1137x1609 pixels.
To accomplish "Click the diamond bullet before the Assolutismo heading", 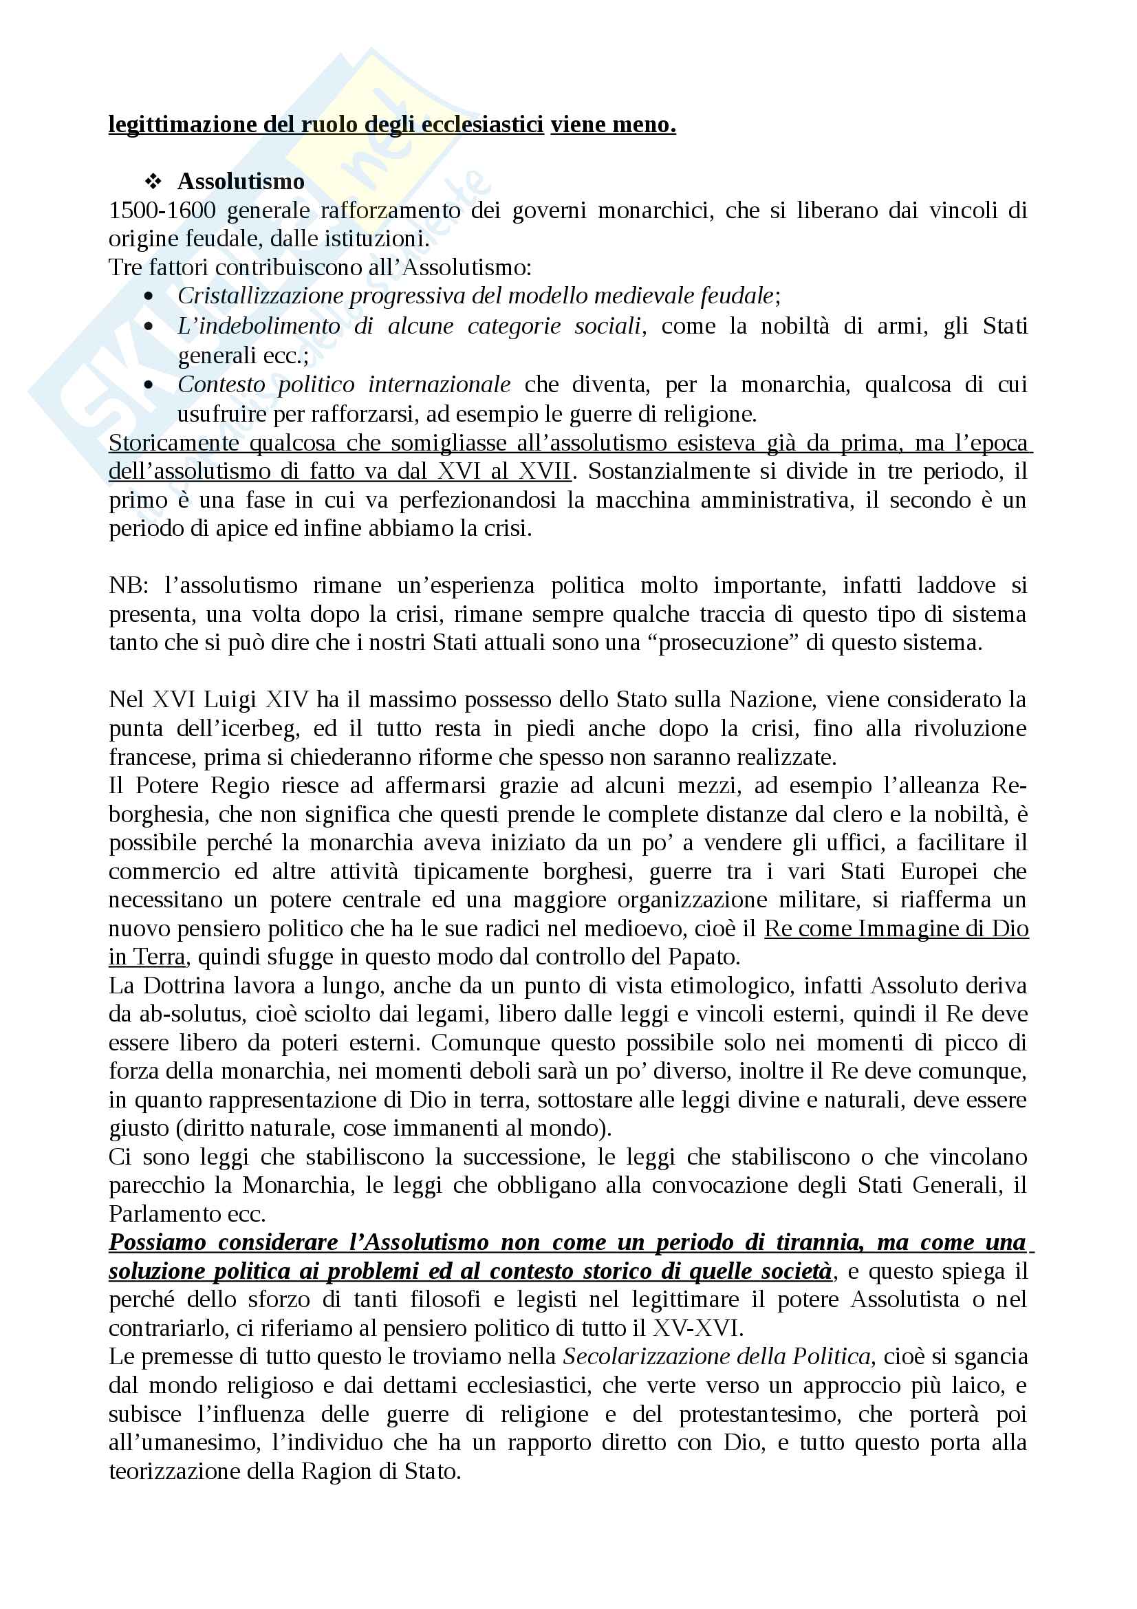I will tap(153, 182).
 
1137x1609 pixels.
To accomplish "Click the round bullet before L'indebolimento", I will tap(148, 327).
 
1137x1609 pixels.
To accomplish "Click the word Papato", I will tap(703, 957).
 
